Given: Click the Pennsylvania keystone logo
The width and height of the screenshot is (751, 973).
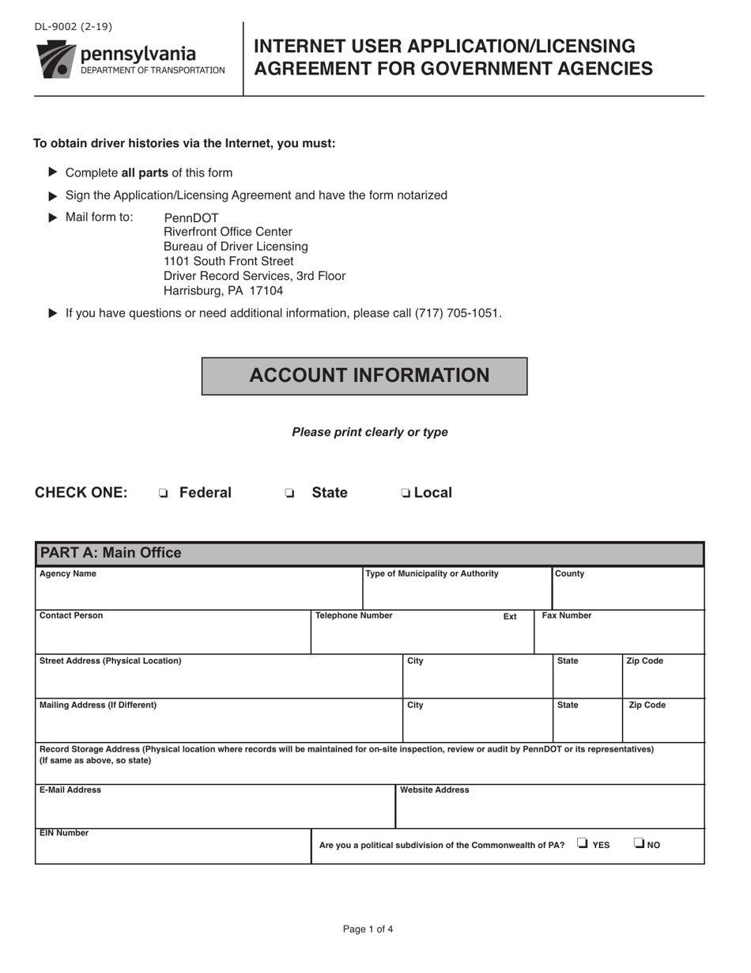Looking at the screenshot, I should point(55,59).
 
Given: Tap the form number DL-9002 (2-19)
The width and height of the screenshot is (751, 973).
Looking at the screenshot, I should point(73,27).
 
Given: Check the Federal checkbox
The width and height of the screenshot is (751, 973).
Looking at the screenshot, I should point(163,494).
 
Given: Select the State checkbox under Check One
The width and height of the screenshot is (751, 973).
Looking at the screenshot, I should point(289,494).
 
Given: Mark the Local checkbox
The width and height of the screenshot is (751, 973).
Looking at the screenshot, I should point(405,494).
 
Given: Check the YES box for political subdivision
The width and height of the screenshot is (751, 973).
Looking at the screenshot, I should point(583,843).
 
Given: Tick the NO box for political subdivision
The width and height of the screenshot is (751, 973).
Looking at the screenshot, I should point(639,843).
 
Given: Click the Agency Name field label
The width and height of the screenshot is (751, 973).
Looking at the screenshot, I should point(68,574).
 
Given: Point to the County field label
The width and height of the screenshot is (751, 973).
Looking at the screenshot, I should point(570,574).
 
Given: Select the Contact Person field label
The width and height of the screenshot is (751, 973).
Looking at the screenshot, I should point(71,615).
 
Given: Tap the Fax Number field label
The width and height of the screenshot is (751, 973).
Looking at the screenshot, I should point(566,615).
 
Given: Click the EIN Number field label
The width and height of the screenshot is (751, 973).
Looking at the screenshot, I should point(64,833).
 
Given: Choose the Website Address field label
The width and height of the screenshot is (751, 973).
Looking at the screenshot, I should point(435,790).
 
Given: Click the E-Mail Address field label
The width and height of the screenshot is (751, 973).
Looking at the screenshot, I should point(70,790).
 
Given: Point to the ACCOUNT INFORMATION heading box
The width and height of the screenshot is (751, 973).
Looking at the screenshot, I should point(364,376).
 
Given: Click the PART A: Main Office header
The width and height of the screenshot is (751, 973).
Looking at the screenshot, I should point(111,553).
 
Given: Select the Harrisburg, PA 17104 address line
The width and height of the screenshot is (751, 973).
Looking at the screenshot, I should point(223,291).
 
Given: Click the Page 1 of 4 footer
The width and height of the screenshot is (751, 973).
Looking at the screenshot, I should point(368,929).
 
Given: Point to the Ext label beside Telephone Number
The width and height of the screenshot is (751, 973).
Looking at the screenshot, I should point(510,617).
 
